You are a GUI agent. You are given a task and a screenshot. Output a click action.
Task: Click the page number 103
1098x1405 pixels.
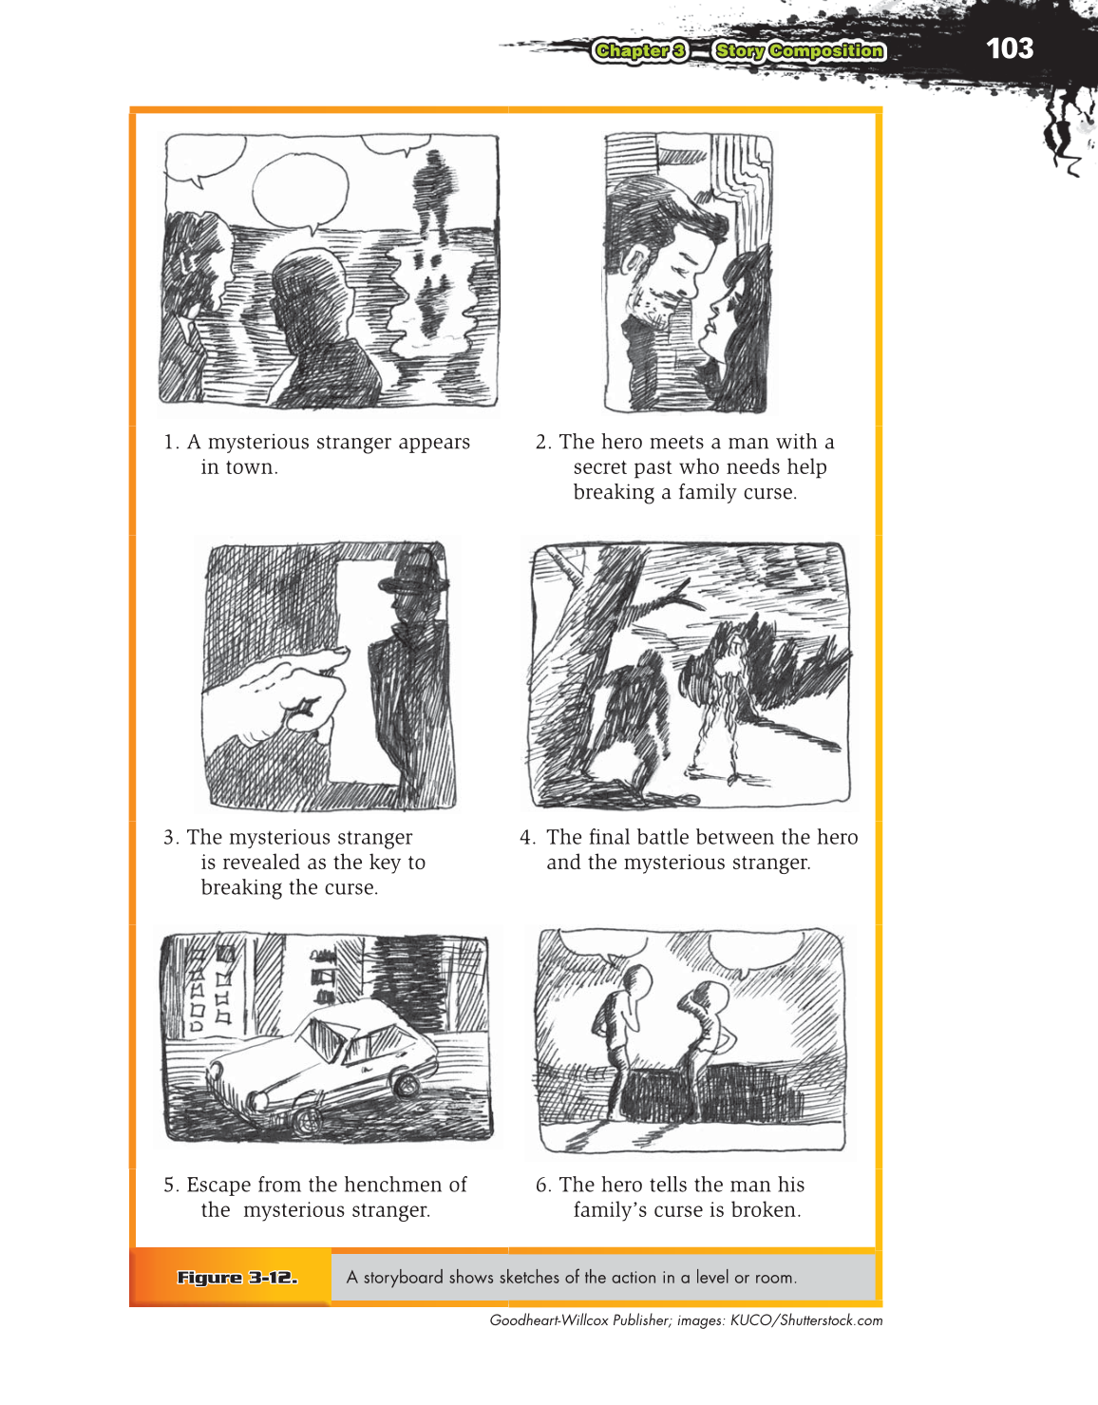pyautogui.click(x=1009, y=48)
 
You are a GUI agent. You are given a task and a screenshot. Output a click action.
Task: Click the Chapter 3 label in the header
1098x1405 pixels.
pyautogui.click(x=639, y=51)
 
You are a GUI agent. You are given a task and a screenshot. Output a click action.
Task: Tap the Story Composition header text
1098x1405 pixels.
pyautogui.click(x=799, y=51)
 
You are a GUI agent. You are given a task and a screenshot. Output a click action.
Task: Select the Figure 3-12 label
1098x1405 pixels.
pyautogui.click(x=237, y=1278)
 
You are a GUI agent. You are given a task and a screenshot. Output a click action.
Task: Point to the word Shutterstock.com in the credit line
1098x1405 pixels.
pyautogui.click(x=831, y=1320)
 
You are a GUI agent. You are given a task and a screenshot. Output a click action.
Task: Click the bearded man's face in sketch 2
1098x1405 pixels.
pyautogui.click(x=676, y=271)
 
